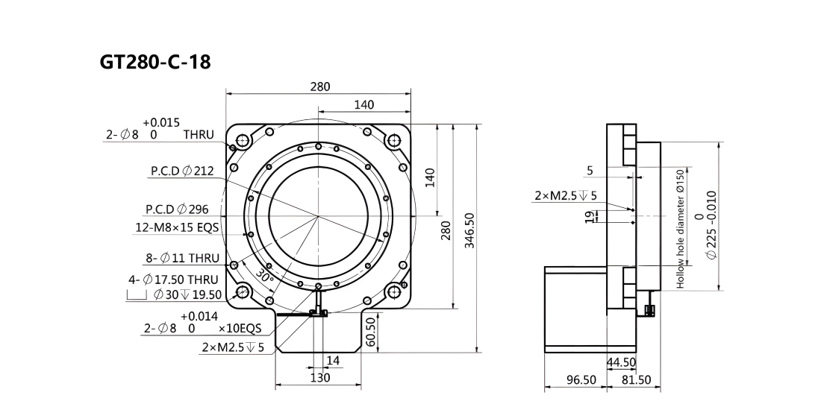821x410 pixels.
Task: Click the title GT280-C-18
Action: click(x=155, y=62)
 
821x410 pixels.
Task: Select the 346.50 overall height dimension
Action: click(x=469, y=230)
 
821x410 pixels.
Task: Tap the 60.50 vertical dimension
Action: click(x=370, y=332)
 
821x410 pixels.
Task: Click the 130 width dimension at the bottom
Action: click(x=320, y=377)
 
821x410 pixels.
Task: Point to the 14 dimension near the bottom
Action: click(x=333, y=360)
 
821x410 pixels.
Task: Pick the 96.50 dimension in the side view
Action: click(x=581, y=380)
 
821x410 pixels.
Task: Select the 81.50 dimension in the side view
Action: click(x=636, y=380)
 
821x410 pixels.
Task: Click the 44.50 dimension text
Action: click(x=621, y=362)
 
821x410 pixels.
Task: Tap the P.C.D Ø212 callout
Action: click(x=182, y=171)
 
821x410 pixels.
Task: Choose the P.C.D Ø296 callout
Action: click(x=177, y=209)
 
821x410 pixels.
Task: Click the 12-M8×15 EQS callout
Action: click(x=177, y=227)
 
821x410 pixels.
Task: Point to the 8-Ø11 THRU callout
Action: click(x=182, y=258)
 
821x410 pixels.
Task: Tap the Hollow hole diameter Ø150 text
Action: click(x=680, y=228)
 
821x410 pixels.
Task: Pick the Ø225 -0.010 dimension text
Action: click(x=705, y=224)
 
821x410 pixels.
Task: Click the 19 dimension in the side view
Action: click(x=590, y=216)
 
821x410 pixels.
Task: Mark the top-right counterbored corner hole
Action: click(x=394, y=140)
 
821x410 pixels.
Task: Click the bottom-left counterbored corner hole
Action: click(x=243, y=291)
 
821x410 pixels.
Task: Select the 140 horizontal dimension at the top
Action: click(x=364, y=104)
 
